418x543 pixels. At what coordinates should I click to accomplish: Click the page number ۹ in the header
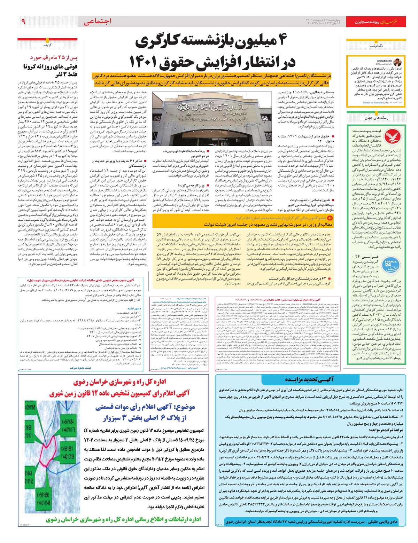tap(23, 22)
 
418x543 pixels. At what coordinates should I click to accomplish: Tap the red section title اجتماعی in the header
tap(98, 22)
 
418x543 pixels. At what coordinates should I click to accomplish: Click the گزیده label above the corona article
tap(47, 45)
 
